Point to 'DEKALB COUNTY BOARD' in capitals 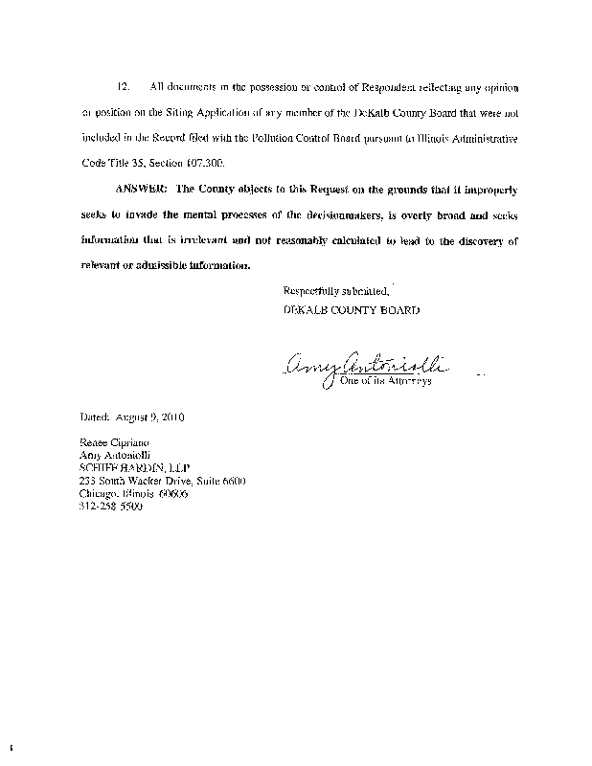[x=352, y=310]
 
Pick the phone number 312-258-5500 [x=110, y=507]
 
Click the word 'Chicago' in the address [x=97, y=494]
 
